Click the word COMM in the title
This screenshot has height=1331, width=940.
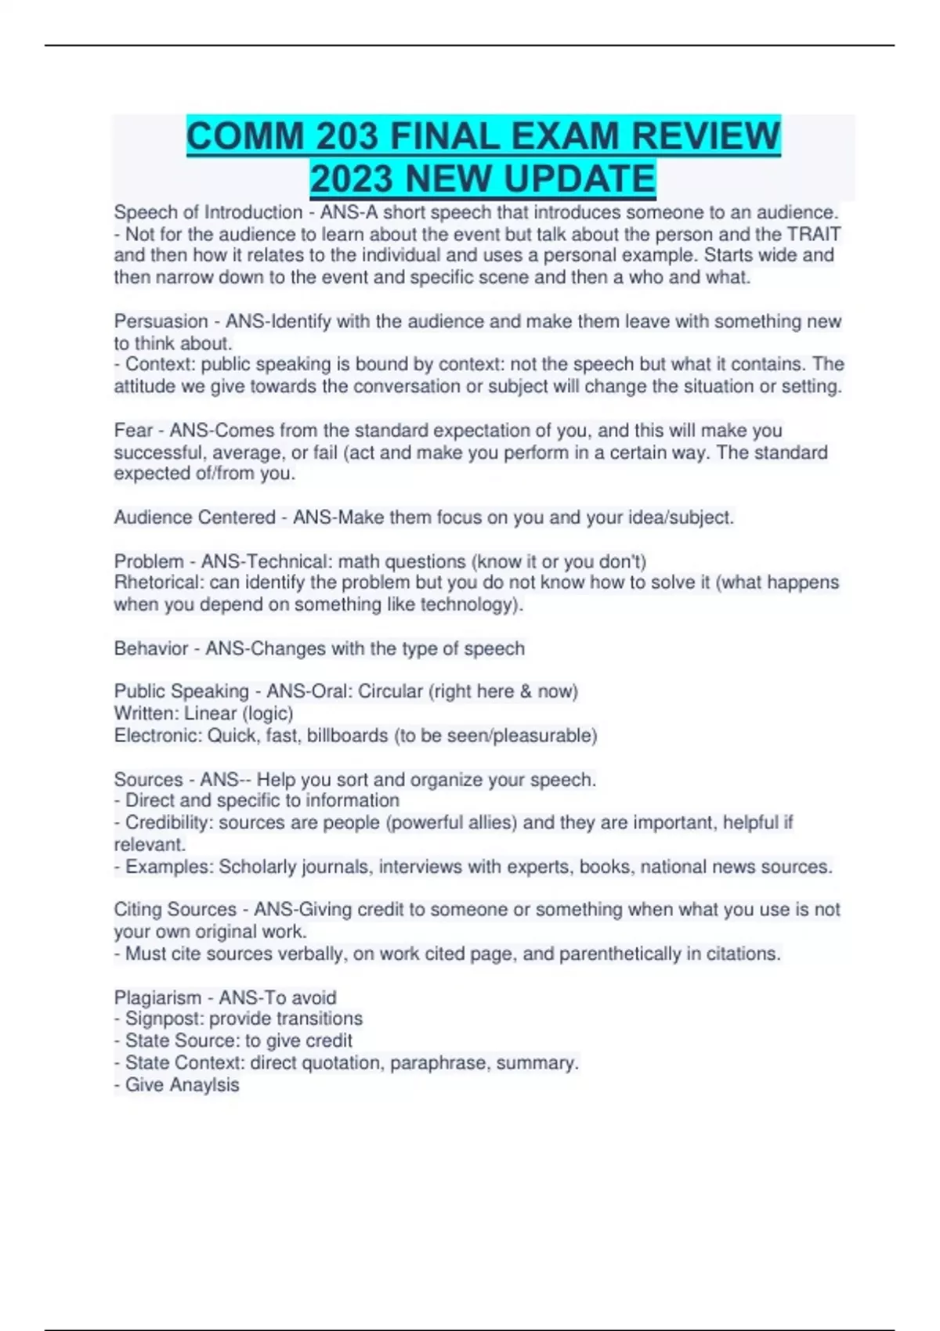[x=244, y=136]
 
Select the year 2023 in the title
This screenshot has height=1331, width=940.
[x=352, y=179]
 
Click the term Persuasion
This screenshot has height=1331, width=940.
[x=161, y=321]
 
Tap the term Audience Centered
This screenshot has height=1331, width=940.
[x=194, y=518]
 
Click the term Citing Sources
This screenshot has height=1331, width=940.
[x=175, y=910]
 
